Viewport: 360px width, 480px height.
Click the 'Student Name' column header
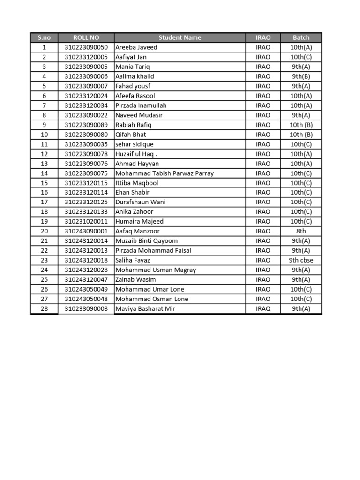coord(180,37)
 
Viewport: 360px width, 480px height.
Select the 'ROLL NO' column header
coord(86,37)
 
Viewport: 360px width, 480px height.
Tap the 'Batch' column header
coord(301,37)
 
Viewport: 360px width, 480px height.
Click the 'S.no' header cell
coord(44,37)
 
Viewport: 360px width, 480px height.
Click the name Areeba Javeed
coord(136,47)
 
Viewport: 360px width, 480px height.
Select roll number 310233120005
coord(86,57)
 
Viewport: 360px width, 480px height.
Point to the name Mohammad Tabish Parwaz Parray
coord(165,173)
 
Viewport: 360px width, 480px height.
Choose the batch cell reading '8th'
coord(301,231)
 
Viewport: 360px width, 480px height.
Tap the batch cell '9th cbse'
coord(301,260)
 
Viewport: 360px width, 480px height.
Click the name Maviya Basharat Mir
coord(145,309)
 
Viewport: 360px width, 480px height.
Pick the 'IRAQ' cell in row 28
coord(263,309)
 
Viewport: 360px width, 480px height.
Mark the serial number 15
coord(44,183)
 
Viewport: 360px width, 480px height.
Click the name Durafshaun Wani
coord(140,202)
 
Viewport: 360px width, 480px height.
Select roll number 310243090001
coord(86,231)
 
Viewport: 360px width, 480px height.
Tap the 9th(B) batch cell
coord(301,76)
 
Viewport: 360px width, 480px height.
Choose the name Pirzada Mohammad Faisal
coord(153,250)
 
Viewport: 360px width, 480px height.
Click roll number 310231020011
coord(86,221)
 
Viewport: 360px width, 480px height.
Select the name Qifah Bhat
coord(131,135)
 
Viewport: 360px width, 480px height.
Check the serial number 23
coord(44,260)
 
